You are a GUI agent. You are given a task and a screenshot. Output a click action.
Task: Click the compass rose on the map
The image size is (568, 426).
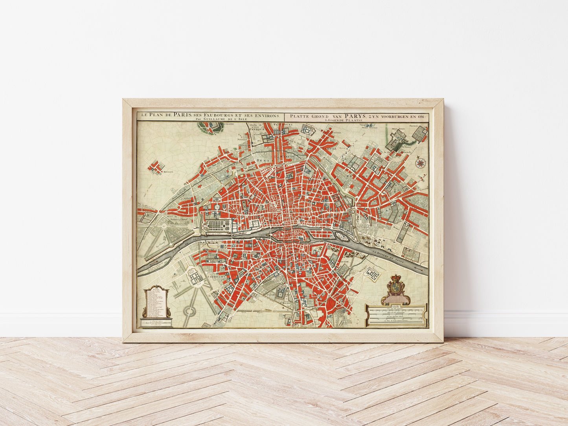pos(420,162)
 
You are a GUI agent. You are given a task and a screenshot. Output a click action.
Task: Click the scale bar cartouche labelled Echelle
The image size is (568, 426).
pos(396,315)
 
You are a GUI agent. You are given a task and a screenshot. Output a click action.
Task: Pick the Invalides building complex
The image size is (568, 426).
pos(195,277)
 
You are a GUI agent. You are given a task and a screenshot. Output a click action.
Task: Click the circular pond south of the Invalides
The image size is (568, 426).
pos(189,311)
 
